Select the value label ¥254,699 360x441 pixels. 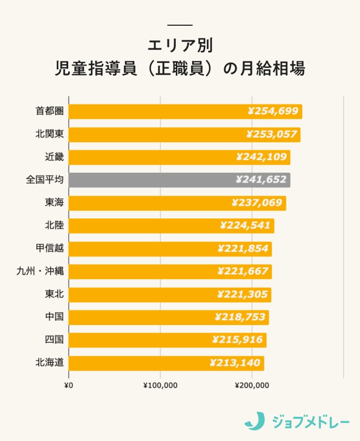click(x=272, y=111)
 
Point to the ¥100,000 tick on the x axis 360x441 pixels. click(x=161, y=386)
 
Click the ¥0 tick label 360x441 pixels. click(x=69, y=386)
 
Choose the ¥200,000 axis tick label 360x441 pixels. click(x=252, y=386)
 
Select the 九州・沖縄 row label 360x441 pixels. click(x=40, y=271)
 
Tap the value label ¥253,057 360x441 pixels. click(x=271, y=134)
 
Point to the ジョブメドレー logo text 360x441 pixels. click(x=311, y=421)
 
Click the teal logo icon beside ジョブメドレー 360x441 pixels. click(x=255, y=421)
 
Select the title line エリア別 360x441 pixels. click(x=180, y=45)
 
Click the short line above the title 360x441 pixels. click(x=180, y=25)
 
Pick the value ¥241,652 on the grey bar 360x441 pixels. click(x=261, y=180)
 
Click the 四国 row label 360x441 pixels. click(x=54, y=340)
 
